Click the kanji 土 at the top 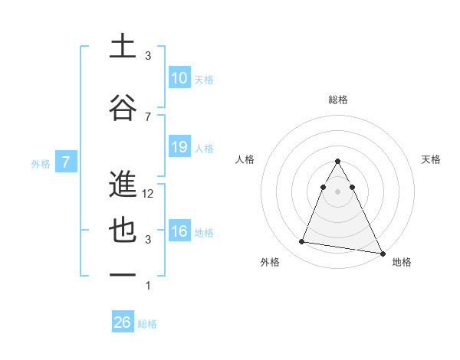click(x=123, y=47)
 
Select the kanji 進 click(x=123, y=185)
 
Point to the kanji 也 click(x=123, y=232)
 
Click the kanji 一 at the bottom click(x=123, y=276)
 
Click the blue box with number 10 click(x=179, y=78)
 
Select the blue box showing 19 click(x=179, y=147)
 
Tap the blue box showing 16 click(x=179, y=232)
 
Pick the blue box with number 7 click(x=66, y=162)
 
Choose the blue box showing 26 click(x=123, y=322)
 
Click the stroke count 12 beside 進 click(x=148, y=194)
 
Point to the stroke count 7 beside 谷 click(x=148, y=116)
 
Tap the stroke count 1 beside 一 click(x=148, y=285)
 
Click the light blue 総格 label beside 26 click(x=147, y=324)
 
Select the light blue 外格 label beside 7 click(x=40, y=163)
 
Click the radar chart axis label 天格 click(x=432, y=159)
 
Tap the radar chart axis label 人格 click(x=245, y=159)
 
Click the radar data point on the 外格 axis click(x=302, y=242)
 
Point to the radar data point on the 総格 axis click(x=338, y=161)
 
